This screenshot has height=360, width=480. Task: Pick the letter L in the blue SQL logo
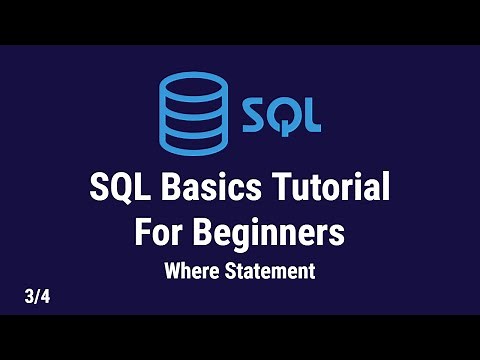point(311,114)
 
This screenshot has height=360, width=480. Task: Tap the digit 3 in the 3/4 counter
point(31,296)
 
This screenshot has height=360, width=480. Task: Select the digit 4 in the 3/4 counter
point(46,296)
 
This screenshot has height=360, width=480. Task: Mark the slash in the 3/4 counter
point(38,296)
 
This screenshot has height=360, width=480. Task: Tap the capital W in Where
point(172,270)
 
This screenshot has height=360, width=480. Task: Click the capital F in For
point(143,233)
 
